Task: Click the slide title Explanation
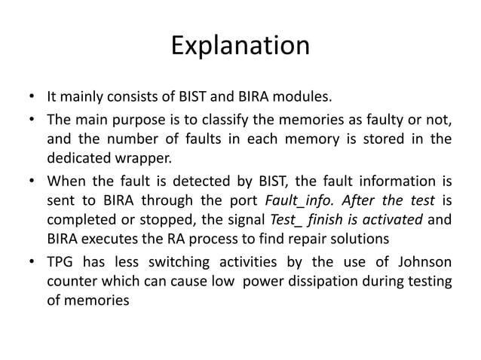240,47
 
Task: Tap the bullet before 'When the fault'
30,182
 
